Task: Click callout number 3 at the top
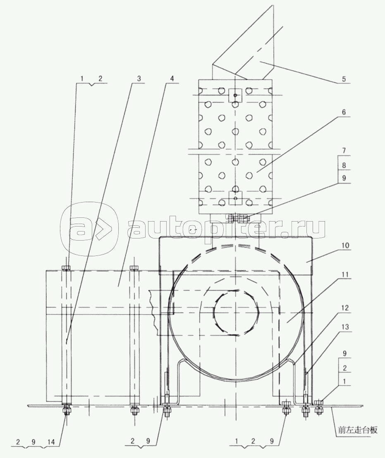point(139,78)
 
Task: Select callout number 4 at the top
point(172,78)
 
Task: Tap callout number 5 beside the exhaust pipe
point(344,79)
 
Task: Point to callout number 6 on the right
point(344,112)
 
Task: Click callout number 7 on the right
point(344,151)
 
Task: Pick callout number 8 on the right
point(344,165)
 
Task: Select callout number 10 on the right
point(345,245)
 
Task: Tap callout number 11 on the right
point(345,274)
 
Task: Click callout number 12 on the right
point(345,308)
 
